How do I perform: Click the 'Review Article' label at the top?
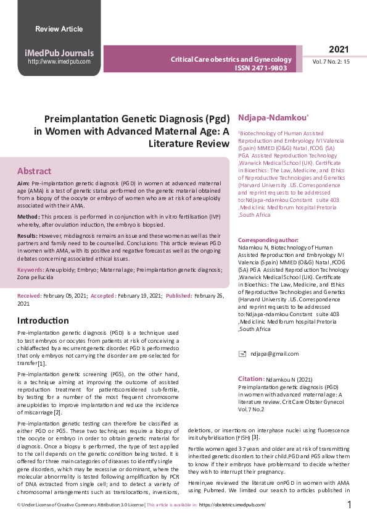click(x=59, y=29)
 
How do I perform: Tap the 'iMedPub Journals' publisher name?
click(x=59, y=53)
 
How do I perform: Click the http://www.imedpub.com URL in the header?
click(x=59, y=62)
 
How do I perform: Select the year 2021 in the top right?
click(x=339, y=49)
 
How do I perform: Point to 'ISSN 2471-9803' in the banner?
click(x=261, y=68)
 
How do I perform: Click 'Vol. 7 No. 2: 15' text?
click(x=331, y=62)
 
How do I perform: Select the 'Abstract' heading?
click(x=34, y=171)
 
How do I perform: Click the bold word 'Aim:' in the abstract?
click(x=23, y=184)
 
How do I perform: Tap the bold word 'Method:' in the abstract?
click(x=28, y=217)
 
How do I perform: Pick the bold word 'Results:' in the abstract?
click(x=28, y=236)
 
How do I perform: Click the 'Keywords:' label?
click(x=30, y=270)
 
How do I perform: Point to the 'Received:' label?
click(x=30, y=296)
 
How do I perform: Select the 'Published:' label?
click(x=179, y=296)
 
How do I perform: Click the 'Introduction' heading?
click(x=43, y=321)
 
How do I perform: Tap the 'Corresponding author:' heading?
click(x=268, y=240)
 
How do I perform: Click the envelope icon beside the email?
click(x=242, y=354)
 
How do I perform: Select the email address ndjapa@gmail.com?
click(x=274, y=354)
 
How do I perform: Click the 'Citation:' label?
click(x=251, y=378)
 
